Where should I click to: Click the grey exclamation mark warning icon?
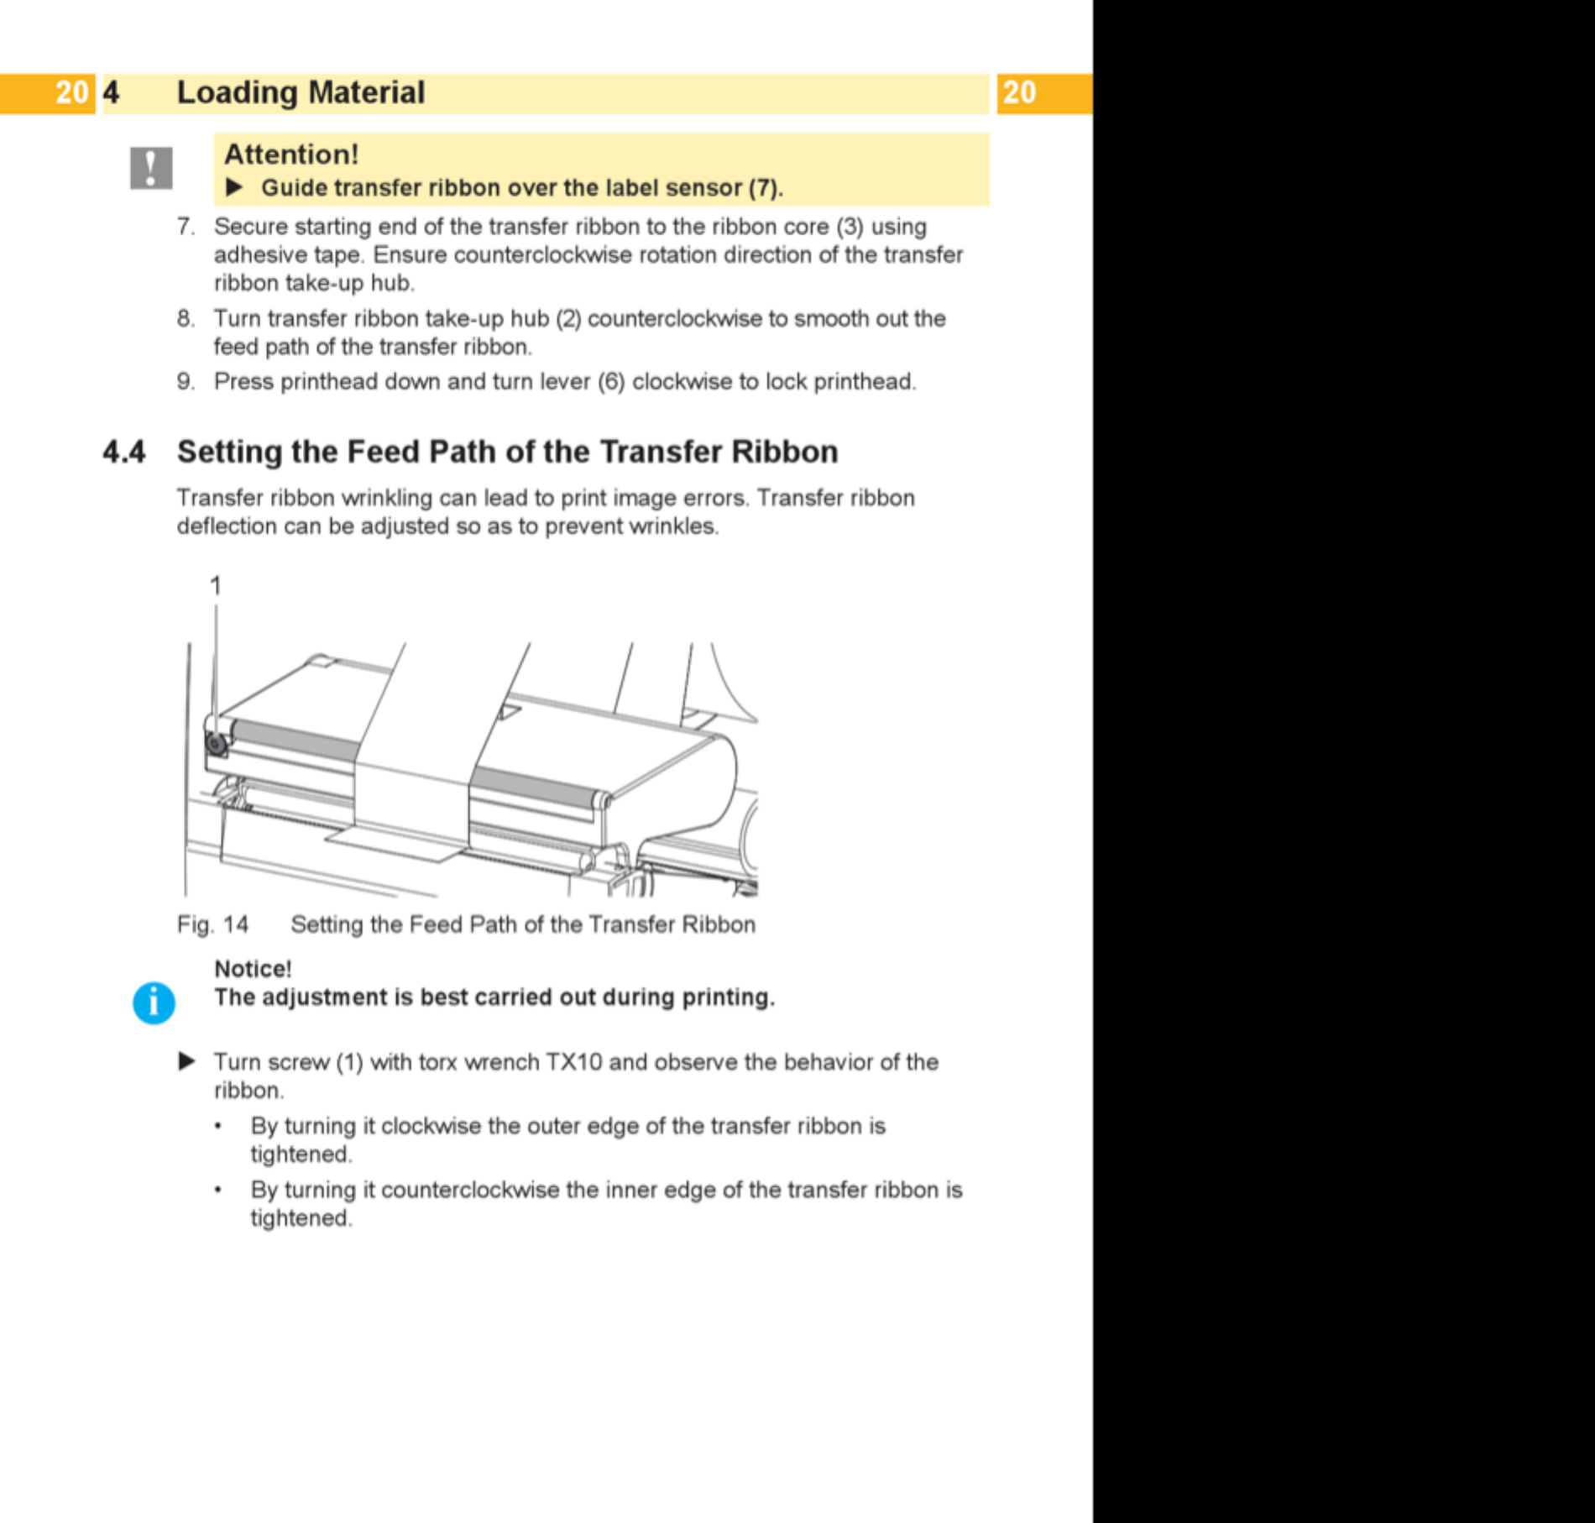pos(151,168)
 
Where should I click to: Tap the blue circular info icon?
pos(154,1002)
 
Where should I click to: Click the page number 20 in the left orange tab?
pos(71,92)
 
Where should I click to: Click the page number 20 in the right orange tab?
pos(1019,92)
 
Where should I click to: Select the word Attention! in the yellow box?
pos(291,154)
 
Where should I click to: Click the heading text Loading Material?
pos(301,92)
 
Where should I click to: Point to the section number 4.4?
pos(124,452)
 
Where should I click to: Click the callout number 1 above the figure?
pos(216,585)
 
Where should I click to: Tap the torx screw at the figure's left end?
pos(216,743)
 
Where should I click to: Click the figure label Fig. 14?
pos(212,924)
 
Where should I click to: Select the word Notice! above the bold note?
pos(253,969)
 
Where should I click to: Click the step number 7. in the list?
pos(186,227)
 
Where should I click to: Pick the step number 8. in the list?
pos(186,319)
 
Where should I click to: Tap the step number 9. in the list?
pos(186,382)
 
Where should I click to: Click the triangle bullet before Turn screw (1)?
pos(187,1061)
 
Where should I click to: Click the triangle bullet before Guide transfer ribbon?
pos(234,187)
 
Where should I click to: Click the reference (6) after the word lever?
pos(611,382)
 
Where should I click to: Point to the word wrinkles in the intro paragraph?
pos(674,526)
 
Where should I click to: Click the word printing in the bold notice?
pos(728,997)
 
